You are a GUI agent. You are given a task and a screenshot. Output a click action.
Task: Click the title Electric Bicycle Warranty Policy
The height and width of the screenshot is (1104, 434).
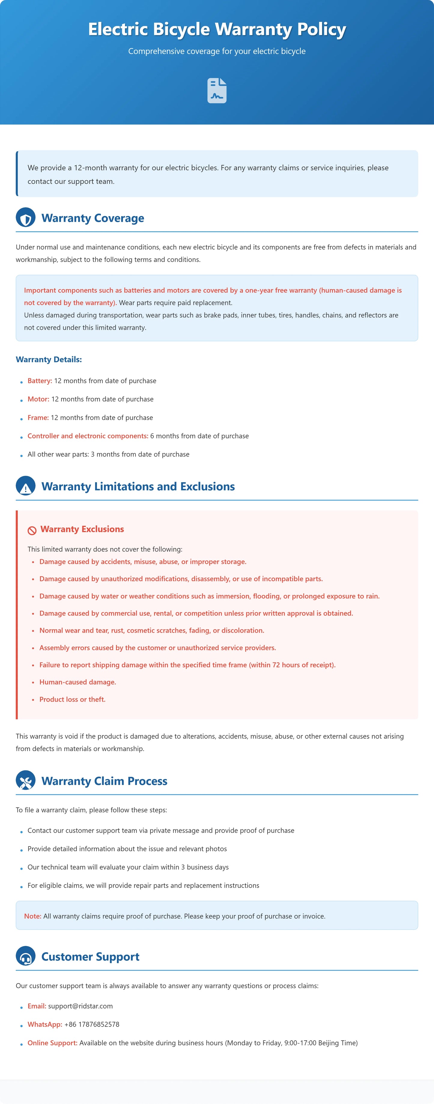tap(217, 29)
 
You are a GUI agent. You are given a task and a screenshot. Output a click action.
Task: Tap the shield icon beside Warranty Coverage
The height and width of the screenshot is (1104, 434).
tap(26, 218)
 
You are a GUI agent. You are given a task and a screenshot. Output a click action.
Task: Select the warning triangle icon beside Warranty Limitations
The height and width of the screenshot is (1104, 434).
tap(26, 486)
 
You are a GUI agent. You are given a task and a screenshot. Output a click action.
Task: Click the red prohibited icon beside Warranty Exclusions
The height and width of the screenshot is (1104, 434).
tap(32, 530)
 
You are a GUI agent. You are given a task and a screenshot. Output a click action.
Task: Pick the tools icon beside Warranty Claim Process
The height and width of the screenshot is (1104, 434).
tap(26, 781)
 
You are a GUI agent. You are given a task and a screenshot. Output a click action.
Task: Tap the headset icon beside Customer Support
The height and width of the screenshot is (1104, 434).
tap(26, 956)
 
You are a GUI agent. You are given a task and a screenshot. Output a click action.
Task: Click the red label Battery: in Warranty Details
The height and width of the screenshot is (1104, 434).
tap(39, 381)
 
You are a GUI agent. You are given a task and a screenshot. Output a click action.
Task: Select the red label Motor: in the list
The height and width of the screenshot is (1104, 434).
tap(38, 399)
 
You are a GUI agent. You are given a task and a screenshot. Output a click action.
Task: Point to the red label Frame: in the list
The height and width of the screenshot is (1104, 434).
tap(38, 417)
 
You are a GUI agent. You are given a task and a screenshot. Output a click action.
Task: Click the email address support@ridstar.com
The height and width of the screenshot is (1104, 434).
tap(80, 1006)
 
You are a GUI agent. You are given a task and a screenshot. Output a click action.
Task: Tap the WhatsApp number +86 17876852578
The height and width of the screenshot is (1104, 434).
tap(92, 1024)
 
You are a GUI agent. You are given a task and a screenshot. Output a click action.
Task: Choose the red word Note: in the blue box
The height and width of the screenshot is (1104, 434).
tap(33, 916)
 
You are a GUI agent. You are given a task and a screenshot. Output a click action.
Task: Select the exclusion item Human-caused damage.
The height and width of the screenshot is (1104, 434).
tap(77, 682)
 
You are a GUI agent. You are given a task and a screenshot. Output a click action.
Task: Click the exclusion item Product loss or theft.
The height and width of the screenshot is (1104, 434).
tap(72, 699)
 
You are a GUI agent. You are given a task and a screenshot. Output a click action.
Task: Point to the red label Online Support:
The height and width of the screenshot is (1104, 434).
tap(52, 1043)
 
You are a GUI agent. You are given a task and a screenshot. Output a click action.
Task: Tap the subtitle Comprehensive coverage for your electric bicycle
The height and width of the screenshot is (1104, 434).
tap(217, 51)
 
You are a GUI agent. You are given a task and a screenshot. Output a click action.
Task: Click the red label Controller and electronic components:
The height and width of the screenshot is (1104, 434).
tap(87, 436)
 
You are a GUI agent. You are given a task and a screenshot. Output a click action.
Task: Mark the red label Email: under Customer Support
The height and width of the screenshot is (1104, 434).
tap(36, 1006)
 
